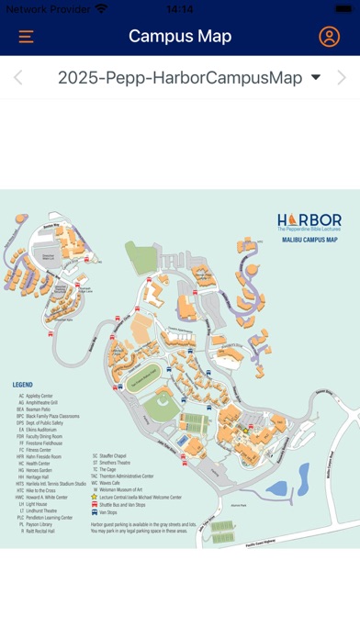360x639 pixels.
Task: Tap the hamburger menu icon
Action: [x=26, y=37]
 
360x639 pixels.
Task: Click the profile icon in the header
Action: [x=329, y=37]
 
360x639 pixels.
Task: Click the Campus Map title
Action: [x=180, y=37]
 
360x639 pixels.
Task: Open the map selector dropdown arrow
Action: [x=316, y=78]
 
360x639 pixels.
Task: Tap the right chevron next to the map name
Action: [x=342, y=78]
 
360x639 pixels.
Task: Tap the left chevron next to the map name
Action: [x=17, y=78]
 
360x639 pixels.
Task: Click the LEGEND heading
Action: [x=22, y=385]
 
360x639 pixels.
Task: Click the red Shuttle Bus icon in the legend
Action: [x=94, y=504]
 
